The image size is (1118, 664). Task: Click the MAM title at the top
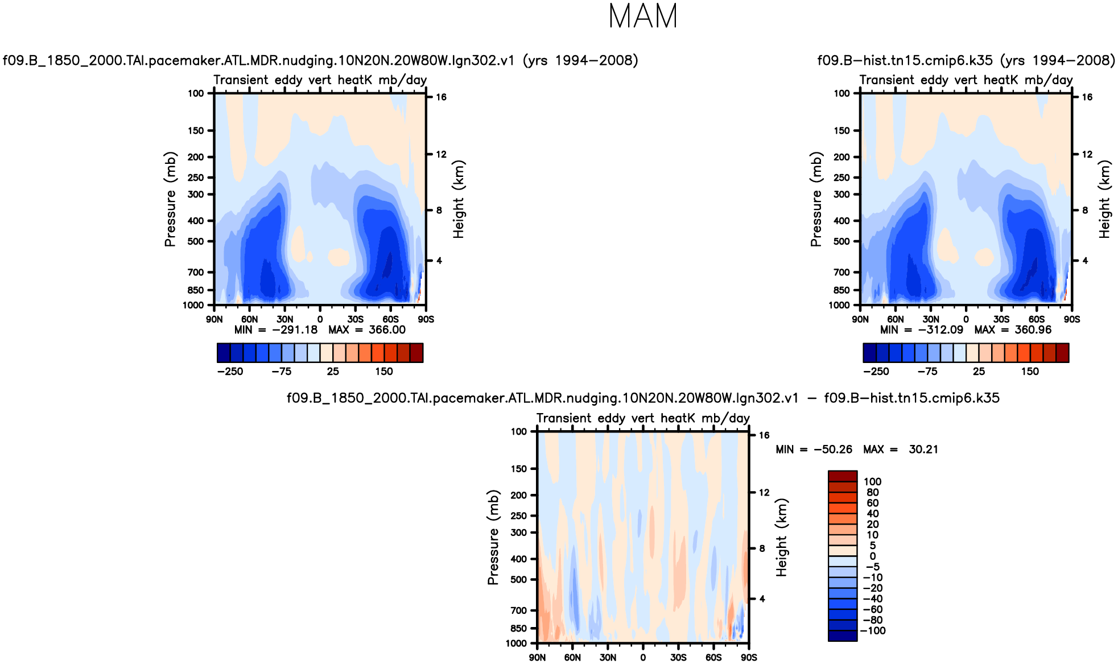click(x=643, y=17)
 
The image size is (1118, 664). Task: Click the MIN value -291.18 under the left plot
click(x=295, y=330)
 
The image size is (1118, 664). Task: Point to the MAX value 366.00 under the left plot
click(x=387, y=330)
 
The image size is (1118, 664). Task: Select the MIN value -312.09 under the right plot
click(x=940, y=330)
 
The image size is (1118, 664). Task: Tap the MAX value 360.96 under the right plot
click(x=1033, y=330)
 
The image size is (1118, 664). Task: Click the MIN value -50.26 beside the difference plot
click(x=833, y=449)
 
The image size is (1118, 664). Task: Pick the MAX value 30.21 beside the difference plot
click(x=923, y=449)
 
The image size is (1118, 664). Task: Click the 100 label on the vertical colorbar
click(x=872, y=482)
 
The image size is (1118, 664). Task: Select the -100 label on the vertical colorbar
click(x=873, y=631)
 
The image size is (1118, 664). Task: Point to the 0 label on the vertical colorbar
click(x=873, y=556)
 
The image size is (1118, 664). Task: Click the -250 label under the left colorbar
click(x=230, y=372)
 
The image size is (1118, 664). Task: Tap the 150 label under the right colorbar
click(x=1030, y=372)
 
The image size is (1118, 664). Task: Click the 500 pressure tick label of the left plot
click(x=196, y=241)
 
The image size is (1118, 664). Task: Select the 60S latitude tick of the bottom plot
click(x=713, y=658)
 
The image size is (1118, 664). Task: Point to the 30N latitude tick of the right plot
click(x=931, y=320)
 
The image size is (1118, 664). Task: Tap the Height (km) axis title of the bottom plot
click(x=782, y=538)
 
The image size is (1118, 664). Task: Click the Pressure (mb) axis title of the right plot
click(x=816, y=199)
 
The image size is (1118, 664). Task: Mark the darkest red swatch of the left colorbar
click(x=416, y=353)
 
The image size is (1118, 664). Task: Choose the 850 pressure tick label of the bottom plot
click(x=519, y=629)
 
